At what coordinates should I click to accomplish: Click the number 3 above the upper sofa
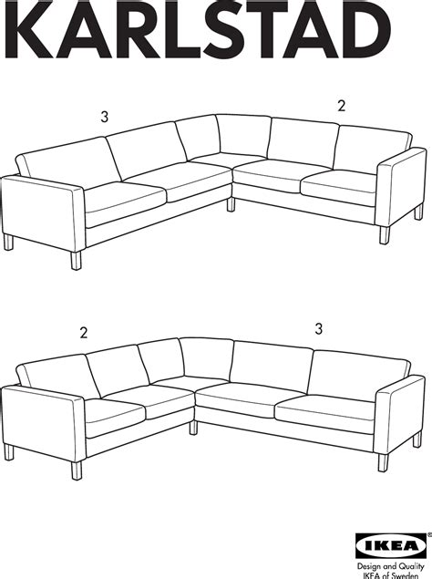click(105, 117)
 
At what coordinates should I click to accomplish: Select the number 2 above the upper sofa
click(342, 106)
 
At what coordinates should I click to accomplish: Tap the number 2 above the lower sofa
click(83, 333)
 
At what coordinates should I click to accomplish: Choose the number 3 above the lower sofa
click(318, 328)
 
